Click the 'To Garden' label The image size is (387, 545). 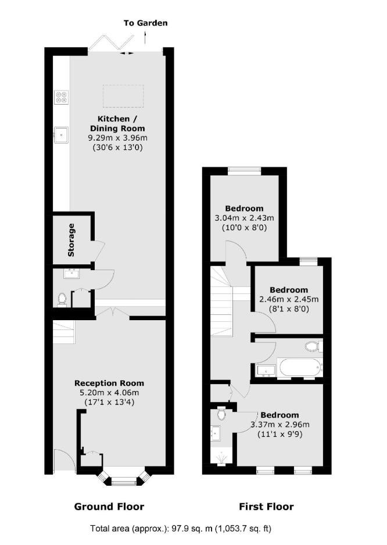[146, 23]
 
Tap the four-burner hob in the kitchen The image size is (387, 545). [62, 97]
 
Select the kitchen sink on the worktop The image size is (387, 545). [62, 135]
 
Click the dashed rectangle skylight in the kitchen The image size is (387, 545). [123, 96]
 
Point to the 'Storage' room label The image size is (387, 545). [71, 240]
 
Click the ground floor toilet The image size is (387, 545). [62, 300]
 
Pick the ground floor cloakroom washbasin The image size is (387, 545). [72, 273]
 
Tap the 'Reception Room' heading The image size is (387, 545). [109, 383]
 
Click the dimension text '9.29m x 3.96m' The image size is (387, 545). [117, 138]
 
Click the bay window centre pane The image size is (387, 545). [125, 482]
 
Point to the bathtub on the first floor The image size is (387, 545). [299, 368]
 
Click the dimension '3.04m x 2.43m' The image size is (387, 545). [245, 218]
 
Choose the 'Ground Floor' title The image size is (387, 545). [109, 507]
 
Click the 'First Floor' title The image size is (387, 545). [266, 507]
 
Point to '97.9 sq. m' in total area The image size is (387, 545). [191, 529]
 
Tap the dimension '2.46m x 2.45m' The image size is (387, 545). [289, 299]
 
